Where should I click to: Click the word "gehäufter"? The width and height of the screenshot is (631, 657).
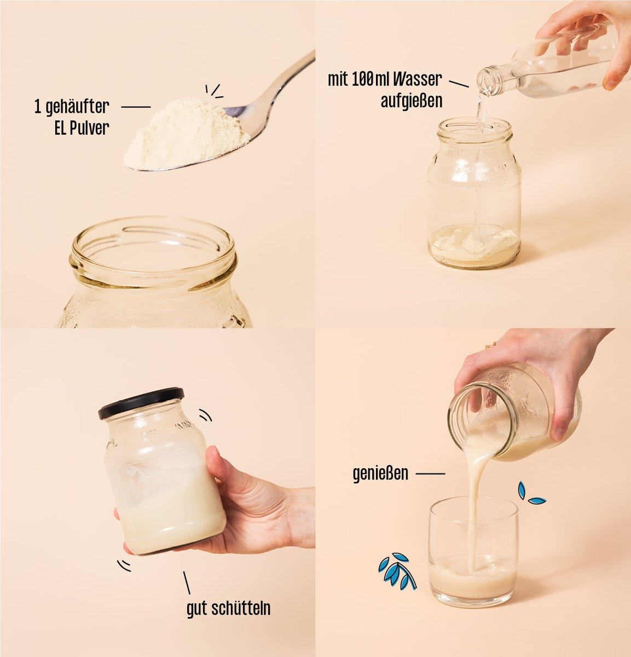tap(77, 107)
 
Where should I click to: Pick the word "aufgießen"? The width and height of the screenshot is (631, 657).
tap(412, 101)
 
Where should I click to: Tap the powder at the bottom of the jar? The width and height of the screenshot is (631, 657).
tap(474, 244)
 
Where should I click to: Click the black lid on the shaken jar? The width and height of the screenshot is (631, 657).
tap(141, 403)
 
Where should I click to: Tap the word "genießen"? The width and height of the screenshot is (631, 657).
tap(380, 474)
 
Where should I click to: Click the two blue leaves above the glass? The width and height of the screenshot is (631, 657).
tap(530, 493)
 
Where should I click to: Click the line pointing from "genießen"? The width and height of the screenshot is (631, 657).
tap(430, 474)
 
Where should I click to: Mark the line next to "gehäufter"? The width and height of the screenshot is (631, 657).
tap(136, 107)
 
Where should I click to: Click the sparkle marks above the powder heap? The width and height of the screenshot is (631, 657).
tap(214, 91)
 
